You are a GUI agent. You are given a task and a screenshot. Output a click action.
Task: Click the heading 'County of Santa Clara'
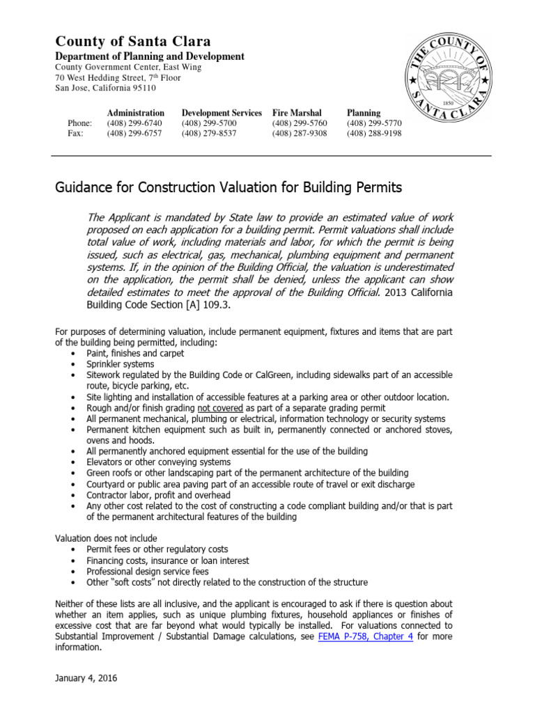[x=133, y=41]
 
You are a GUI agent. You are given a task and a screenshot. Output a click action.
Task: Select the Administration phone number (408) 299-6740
[x=134, y=123]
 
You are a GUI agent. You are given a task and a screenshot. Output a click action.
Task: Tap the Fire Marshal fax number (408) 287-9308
[x=300, y=134]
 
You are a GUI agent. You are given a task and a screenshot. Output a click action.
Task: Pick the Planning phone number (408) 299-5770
[x=374, y=123]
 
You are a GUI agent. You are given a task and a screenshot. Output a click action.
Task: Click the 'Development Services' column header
[x=222, y=113]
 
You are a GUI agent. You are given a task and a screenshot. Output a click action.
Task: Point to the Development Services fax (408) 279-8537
[x=209, y=134]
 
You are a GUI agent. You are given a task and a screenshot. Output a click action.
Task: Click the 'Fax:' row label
[x=75, y=134]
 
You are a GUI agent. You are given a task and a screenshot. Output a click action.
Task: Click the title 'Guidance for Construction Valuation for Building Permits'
[x=228, y=188]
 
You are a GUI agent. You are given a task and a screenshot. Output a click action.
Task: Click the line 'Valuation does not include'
[x=106, y=538]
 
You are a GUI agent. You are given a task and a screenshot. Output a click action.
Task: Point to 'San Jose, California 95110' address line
[x=106, y=88]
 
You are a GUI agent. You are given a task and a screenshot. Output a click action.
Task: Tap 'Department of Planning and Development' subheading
[x=150, y=56]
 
